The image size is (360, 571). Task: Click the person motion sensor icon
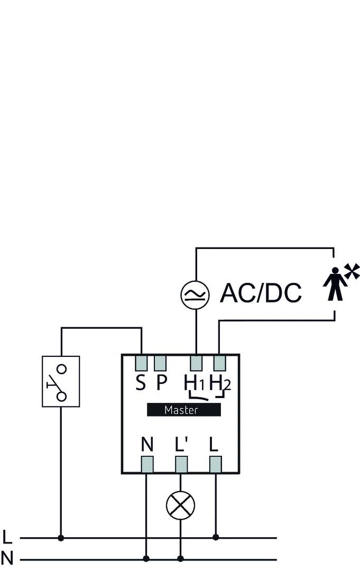(334, 284)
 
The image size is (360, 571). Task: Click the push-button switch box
(61, 381)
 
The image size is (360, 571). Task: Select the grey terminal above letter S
(141, 363)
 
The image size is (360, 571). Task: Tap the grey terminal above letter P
(160, 363)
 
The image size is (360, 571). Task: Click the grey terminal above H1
(196, 363)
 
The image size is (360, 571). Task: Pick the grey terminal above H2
(219, 363)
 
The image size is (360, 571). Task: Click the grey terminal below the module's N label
(147, 464)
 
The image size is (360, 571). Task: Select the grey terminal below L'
(181, 464)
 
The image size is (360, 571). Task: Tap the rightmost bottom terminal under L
(215, 464)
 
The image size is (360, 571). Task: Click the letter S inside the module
(140, 383)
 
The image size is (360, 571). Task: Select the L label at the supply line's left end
(7, 537)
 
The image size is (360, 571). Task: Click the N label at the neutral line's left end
(7, 558)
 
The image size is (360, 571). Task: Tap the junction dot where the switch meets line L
(61, 538)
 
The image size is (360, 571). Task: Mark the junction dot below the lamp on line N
(181, 558)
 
